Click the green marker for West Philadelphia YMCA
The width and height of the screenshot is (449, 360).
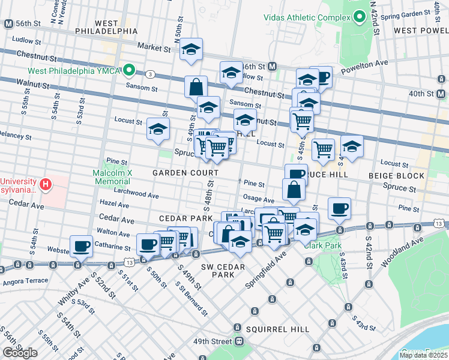(129, 71)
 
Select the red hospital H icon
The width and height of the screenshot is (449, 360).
(44, 182)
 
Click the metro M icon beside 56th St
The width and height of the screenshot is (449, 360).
(8, 24)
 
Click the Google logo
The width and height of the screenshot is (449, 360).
(20, 352)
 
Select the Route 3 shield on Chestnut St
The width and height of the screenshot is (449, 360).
(150, 74)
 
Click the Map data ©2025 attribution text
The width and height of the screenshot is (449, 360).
(423, 355)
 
